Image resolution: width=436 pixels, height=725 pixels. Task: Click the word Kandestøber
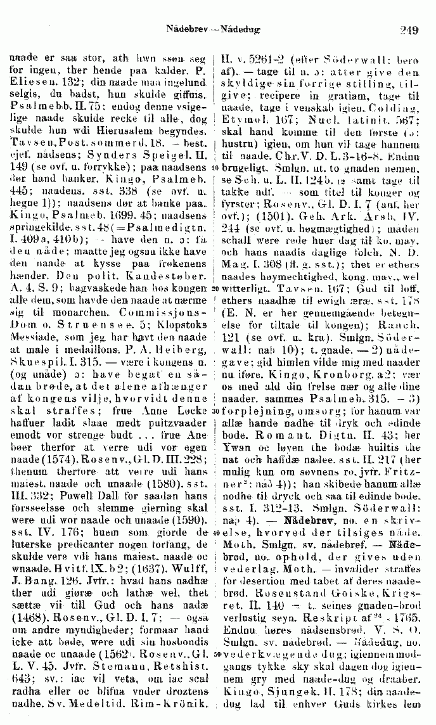tap(132, 260)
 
